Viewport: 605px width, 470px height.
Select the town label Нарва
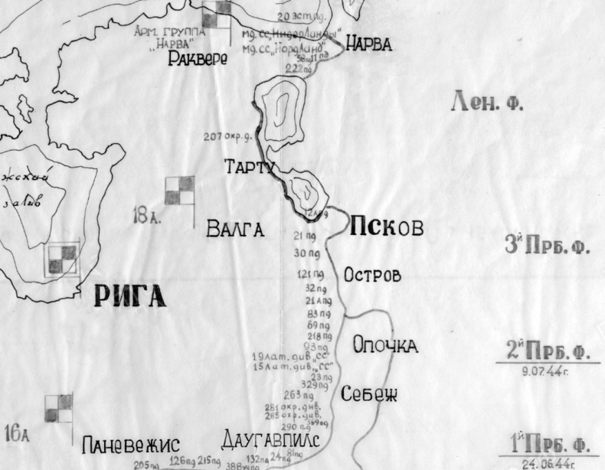pos(368,44)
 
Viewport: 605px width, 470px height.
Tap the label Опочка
pos(385,346)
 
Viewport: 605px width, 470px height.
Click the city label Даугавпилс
pos(269,441)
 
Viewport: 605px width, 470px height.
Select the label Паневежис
pos(130,446)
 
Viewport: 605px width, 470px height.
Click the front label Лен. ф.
pos(488,102)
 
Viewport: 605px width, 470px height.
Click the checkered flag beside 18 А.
pos(180,191)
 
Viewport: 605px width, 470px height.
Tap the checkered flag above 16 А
pos(58,407)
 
